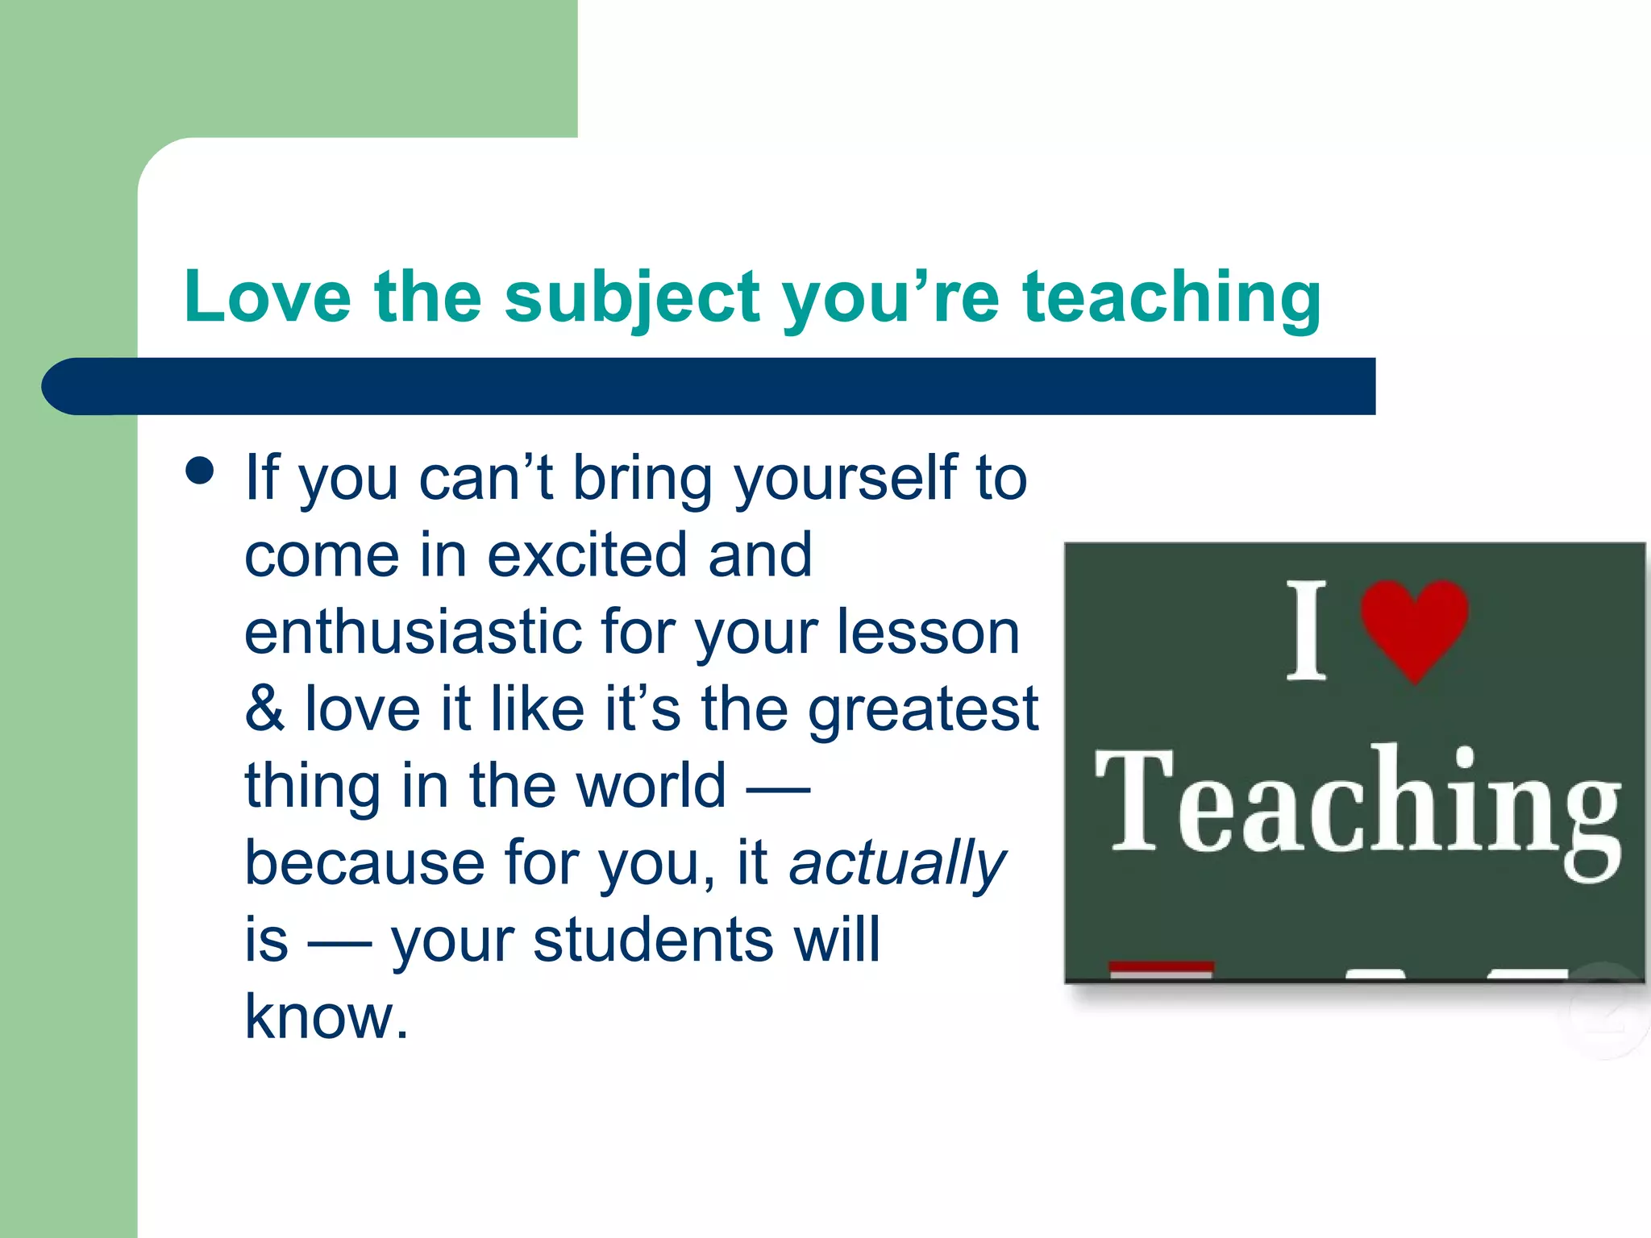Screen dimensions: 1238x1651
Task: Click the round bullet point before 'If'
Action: click(x=199, y=471)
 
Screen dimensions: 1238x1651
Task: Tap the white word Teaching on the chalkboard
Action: click(x=1358, y=806)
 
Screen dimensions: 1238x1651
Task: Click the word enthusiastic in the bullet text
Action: click(x=413, y=632)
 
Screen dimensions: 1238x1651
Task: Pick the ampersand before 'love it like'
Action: click(x=264, y=709)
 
